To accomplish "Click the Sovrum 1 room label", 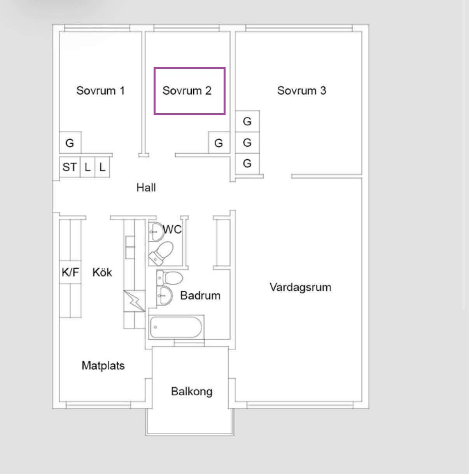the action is point(100,91).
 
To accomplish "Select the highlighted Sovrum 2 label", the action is point(187,91).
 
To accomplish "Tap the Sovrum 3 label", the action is point(302,91).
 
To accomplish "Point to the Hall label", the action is point(146,188).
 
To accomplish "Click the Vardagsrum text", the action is point(300,287).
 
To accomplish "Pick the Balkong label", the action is point(192,391).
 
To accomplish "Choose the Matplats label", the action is point(103,365).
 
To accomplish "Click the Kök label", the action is point(102,272).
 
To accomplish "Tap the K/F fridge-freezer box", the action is point(70,272).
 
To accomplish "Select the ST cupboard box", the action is point(70,167).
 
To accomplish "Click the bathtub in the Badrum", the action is point(176,327).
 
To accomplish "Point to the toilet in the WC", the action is point(161,253).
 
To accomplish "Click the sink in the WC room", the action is point(156,232).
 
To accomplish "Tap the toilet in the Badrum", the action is point(170,278).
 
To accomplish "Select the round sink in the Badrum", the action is point(164,295).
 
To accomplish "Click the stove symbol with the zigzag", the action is point(135,301).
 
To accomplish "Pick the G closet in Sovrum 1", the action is point(70,143).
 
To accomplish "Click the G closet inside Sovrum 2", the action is point(219,143).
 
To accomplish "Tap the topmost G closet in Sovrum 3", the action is point(247,121).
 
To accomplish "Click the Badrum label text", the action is point(200,295).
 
